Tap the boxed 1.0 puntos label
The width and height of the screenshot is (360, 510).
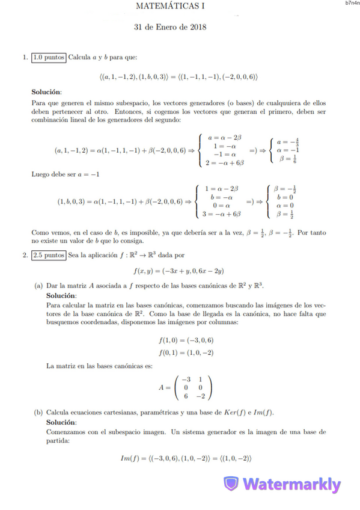(49, 58)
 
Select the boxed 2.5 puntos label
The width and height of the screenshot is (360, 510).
(49, 255)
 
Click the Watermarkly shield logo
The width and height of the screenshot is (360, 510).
(231, 484)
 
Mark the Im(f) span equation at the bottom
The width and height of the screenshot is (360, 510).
(186, 459)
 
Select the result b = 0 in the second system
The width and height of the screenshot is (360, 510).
(285, 197)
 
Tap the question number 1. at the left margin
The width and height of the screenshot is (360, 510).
(25, 58)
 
